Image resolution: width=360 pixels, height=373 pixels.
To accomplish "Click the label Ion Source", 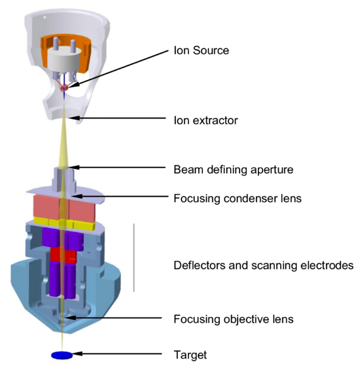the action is (x=201, y=50).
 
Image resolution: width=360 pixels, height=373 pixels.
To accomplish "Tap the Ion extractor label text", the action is (x=206, y=120).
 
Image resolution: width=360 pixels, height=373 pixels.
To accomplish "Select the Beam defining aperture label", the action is (x=233, y=170).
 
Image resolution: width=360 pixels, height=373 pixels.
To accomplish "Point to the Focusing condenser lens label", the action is (x=238, y=198).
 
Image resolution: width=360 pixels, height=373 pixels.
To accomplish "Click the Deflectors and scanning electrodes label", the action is (x=264, y=265).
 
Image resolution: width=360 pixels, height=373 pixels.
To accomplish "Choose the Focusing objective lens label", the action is (x=233, y=319).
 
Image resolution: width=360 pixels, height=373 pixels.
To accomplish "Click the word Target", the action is (x=190, y=355).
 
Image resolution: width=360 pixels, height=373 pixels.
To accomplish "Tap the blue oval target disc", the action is (x=62, y=355).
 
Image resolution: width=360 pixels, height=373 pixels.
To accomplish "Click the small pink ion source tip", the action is (x=64, y=88).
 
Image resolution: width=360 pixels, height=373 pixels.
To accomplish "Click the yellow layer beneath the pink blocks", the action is (x=64, y=224).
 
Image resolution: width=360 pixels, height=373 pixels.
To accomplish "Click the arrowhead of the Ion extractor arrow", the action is (x=74, y=118).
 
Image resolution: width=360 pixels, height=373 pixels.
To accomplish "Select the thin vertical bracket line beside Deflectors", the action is (x=134, y=258).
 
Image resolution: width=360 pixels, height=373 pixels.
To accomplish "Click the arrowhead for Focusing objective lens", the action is (x=71, y=318).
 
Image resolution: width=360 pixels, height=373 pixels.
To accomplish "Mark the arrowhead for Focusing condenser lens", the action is (x=77, y=196).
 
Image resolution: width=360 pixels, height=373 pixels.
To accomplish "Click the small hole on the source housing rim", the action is (x=45, y=17).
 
